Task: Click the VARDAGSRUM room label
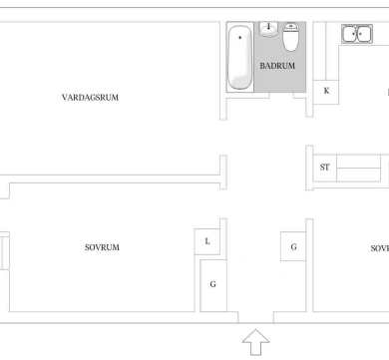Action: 90,98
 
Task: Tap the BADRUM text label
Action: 277,66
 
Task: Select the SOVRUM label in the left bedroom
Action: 102,247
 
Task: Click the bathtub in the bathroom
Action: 239,57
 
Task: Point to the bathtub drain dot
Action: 240,38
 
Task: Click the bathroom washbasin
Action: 268,29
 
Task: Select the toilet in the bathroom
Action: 291,37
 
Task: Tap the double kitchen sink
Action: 357,34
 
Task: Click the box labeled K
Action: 326,92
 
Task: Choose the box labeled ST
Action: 325,168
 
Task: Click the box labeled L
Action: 207,241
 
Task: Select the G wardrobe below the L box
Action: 213,285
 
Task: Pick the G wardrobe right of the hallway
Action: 293,246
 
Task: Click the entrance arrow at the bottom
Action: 255,342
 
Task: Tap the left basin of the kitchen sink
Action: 349,34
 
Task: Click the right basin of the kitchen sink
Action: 364,34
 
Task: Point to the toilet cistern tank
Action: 291,25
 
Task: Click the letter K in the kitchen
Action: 326,91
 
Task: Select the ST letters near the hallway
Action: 325,168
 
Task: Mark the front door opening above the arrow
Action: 256,317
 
